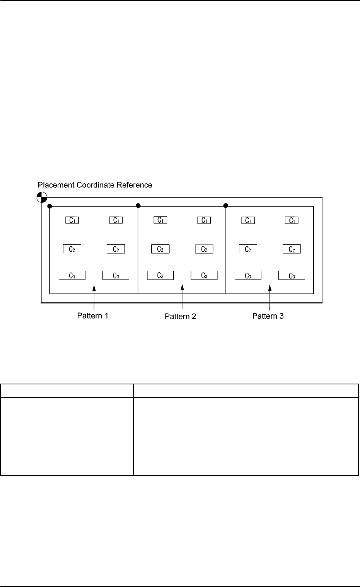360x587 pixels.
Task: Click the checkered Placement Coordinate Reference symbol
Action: (42, 197)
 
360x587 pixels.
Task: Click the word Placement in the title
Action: (55, 185)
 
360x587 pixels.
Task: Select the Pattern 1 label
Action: (93, 316)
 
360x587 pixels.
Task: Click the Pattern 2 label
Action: (180, 316)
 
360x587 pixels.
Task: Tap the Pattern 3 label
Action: (268, 316)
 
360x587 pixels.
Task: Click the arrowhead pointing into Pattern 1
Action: (94, 288)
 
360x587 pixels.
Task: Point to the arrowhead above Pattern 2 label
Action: (182, 288)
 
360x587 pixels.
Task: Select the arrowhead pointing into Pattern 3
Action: (270, 288)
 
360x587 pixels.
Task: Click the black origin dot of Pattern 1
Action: (50, 206)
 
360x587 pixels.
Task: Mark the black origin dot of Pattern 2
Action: (138, 205)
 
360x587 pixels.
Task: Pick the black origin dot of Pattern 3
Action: (226, 205)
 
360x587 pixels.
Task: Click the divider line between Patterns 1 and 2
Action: (138, 251)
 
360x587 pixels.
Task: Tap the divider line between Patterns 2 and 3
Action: (226, 251)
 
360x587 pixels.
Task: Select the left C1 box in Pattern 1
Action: (72, 220)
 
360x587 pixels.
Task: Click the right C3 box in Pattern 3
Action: (292, 275)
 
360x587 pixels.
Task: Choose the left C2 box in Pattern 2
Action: (160, 249)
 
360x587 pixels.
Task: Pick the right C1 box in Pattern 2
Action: (204, 220)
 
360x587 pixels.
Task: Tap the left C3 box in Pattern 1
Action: (72, 275)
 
